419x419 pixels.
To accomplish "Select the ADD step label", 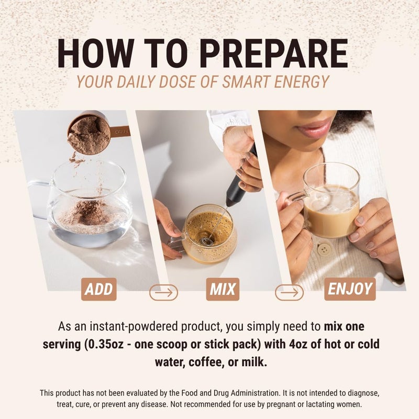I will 98,289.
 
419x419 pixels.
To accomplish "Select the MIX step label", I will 223,289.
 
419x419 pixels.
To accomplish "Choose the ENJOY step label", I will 350,289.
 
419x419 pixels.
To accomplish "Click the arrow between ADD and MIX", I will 163,292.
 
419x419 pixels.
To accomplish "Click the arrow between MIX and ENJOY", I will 289,292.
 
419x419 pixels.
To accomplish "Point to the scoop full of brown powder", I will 90,134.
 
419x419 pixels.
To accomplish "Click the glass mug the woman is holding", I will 330,202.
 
